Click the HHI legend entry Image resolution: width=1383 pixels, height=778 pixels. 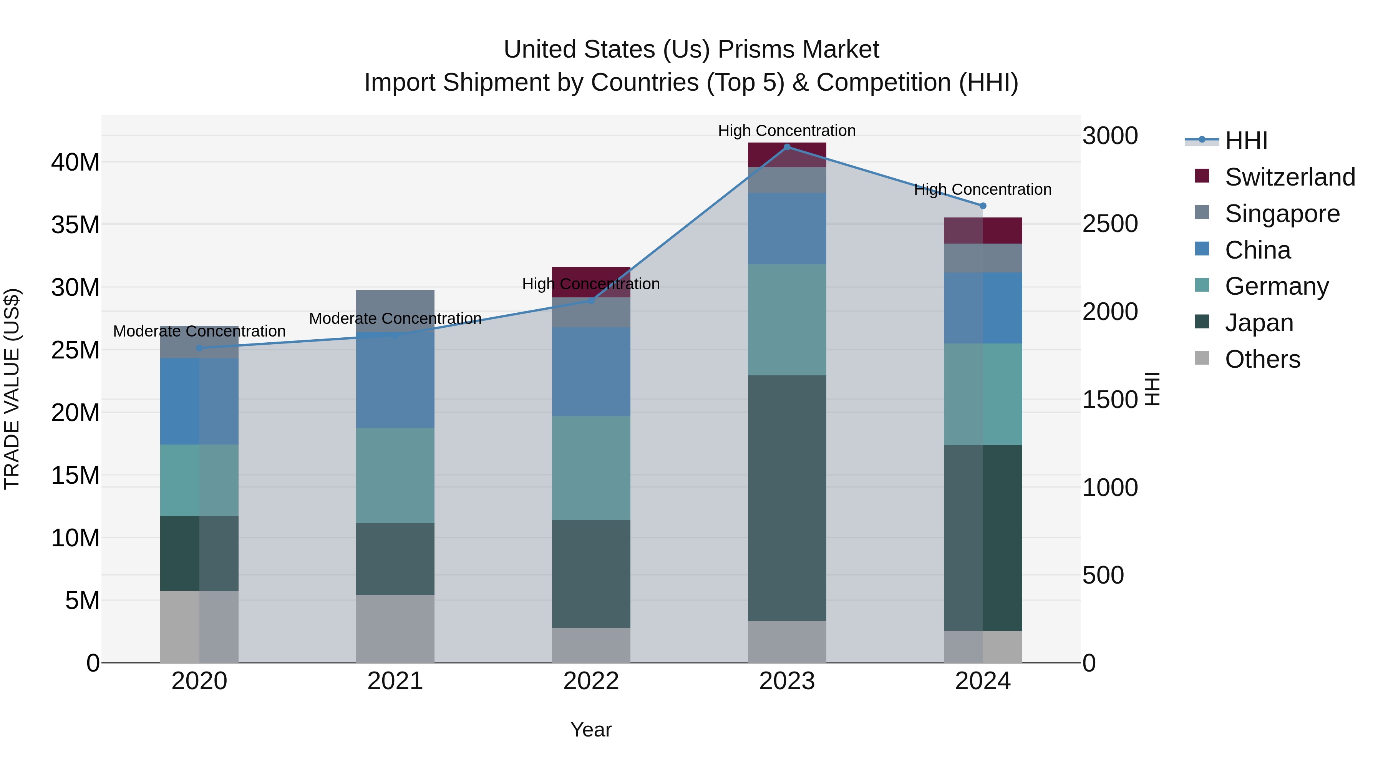(1245, 141)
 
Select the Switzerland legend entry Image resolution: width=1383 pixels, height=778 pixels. (1289, 177)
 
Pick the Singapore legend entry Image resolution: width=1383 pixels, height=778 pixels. (1282, 214)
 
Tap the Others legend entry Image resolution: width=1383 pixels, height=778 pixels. (1262, 359)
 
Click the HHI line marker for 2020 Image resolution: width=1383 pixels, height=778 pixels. (199, 348)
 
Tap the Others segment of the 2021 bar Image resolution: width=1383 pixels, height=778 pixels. (395, 628)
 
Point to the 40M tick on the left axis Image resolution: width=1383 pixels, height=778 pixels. (75, 162)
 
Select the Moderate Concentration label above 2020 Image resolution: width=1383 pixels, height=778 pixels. (199, 331)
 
